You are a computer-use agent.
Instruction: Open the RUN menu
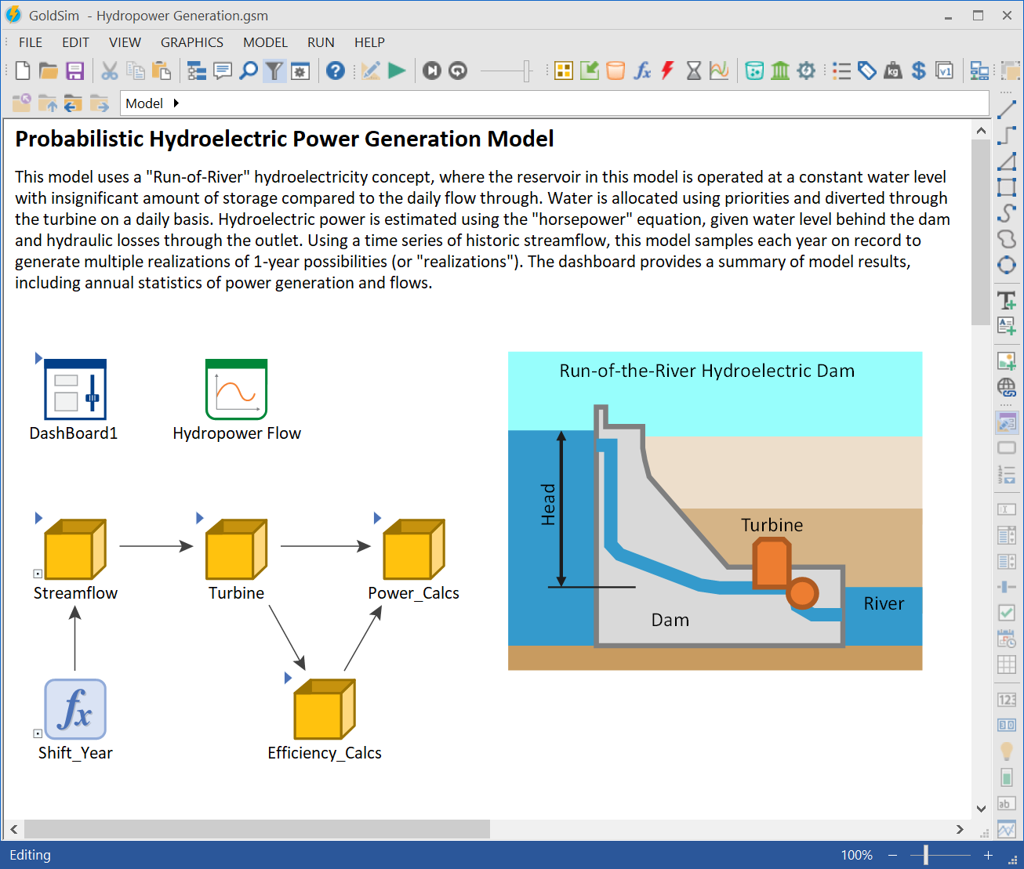click(321, 42)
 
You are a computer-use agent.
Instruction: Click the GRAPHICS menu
click(192, 42)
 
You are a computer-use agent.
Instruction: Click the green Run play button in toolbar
click(398, 71)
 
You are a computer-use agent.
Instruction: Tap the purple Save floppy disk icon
click(74, 71)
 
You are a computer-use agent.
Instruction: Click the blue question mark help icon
click(336, 71)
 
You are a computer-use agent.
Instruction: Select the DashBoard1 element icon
click(74, 389)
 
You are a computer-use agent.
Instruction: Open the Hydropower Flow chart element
click(236, 389)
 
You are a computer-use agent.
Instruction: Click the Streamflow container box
click(75, 549)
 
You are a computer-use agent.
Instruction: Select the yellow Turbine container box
click(236, 549)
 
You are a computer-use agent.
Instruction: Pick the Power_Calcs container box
click(413, 549)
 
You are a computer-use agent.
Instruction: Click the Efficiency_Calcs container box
click(325, 709)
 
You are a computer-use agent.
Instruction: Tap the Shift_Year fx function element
click(75, 709)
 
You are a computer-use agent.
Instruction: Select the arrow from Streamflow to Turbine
click(156, 546)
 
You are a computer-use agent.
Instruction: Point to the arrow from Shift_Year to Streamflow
click(75, 639)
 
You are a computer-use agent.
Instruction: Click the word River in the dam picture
click(884, 603)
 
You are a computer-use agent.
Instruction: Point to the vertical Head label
click(548, 505)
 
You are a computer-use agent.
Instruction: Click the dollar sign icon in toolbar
click(919, 71)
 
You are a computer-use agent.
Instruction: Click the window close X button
click(1007, 16)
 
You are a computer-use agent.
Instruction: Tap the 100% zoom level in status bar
click(856, 855)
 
